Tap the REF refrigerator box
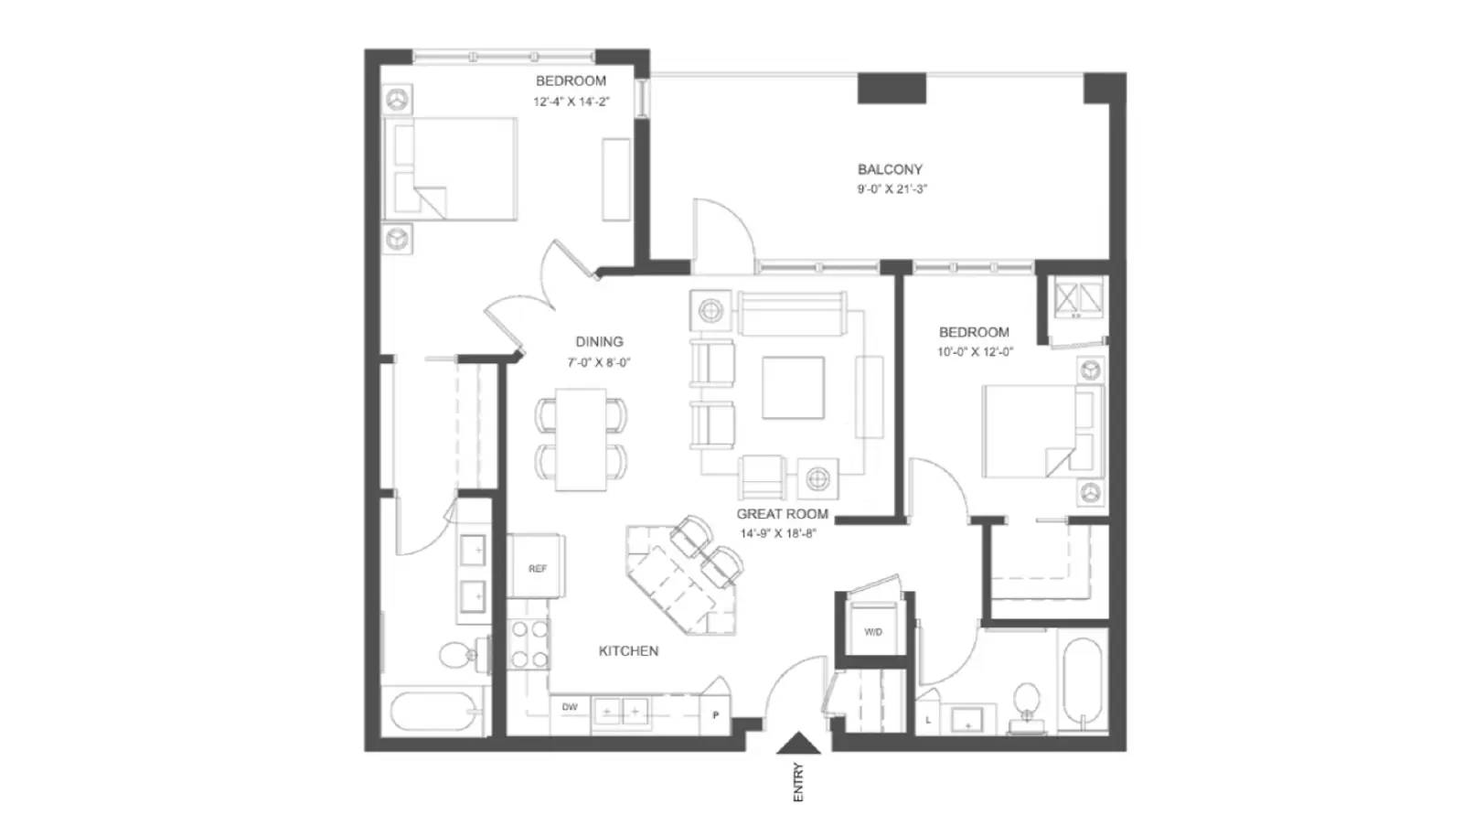coord(537,567)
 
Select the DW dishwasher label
coord(570,707)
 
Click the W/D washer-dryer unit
coord(873,630)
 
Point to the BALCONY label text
coord(889,169)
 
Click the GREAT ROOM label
coord(782,514)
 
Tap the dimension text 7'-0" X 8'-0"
coord(598,362)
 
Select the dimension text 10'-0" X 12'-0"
coord(975,352)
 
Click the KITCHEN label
coord(628,651)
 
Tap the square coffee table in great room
coord(793,387)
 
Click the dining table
coord(581,439)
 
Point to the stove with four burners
coord(529,644)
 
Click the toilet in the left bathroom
coord(456,654)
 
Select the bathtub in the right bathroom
coord(1083,681)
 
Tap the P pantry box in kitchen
coord(715,714)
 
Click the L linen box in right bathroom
coord(927,719)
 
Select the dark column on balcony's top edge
coord(892,89)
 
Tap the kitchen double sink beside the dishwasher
coord(621,711)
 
